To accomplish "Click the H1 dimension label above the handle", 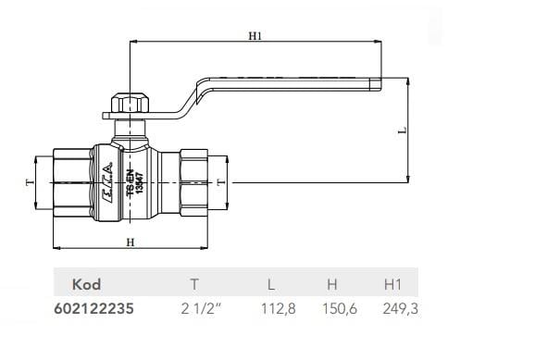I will pyautogui.click(x=256, y=36).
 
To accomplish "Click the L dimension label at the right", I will pyautogui.click(x=402, y=131).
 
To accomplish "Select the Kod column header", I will pyautogui.click(x=85, y=284).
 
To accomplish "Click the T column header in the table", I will pyautogui.click(x=193, y=284).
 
